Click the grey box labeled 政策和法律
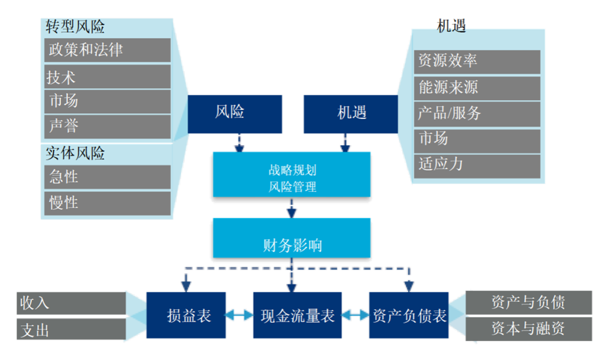coord(107,50)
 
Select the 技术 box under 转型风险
coord(107,77)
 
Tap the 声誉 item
coord(107,126)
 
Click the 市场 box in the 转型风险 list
coord(107,101)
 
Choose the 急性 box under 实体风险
coord(107,177)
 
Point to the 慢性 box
coord(107,203)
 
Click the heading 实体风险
coord(75,153)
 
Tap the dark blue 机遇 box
coord(351,114)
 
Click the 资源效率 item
coord(477,61)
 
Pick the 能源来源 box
coord(477,87)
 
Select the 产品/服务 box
coord(477,114)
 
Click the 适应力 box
coord(477,165)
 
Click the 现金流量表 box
coord(297,315)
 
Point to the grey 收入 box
coord(71,302)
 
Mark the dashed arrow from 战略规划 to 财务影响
coord(292,208)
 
